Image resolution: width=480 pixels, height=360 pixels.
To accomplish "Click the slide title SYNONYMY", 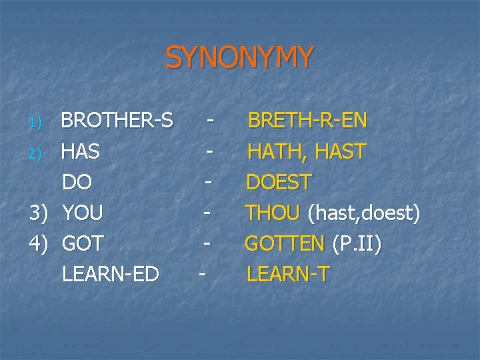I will tap(239, 58).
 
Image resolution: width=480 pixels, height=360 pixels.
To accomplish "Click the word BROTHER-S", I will tap(117, 121).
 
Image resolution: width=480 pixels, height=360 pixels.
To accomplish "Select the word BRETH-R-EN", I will tap(307, 121).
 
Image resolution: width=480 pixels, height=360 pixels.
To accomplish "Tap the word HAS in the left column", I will tap(81, 152).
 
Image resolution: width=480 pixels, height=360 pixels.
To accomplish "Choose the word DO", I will tap(77, 182).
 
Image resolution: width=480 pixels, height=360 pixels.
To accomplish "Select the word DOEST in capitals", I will tap(279, 182).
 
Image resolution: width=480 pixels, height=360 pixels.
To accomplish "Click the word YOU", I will tap(83, 213).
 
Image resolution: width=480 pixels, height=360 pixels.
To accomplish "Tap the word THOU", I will tap(273, 213).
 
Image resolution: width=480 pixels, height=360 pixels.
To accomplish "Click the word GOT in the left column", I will tap(83, 243).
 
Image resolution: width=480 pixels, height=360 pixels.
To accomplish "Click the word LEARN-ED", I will tap(111, 273).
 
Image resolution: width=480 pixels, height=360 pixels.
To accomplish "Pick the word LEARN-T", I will tap(288, 273).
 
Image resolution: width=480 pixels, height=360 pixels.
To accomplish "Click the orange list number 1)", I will tap(37, 123).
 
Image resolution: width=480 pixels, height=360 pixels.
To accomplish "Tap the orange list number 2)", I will tap(37, 153).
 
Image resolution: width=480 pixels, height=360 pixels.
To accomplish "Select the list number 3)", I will tap(39, 213).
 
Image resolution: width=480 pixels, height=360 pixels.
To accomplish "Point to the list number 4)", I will tap(39, 244).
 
